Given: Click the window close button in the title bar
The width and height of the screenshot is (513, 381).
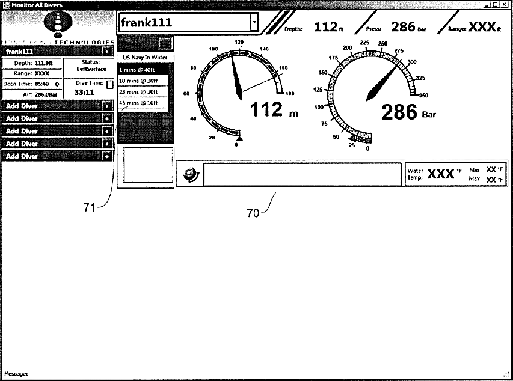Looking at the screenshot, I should click(x=504, y=5).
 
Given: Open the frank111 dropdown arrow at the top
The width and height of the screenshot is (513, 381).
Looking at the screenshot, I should click(x=254, y=22).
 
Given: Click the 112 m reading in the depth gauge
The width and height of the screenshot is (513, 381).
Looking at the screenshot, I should click(x=269, y=109).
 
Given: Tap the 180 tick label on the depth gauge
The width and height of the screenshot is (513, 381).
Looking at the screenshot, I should click(x=290, y=93).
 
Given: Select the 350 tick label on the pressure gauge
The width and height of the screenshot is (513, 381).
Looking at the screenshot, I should click(x=423, y=95).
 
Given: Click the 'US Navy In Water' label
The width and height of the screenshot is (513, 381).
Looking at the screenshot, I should click(x=144, y=57).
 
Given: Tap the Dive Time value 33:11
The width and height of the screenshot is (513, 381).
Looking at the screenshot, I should click(x=84, y=93).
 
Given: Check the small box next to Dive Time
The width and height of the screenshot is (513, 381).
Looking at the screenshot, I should click(x=109, y=85).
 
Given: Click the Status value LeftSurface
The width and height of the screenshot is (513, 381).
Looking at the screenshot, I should click(x=91, y=69).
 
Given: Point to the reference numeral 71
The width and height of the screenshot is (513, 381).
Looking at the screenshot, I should click(x=90, y=207).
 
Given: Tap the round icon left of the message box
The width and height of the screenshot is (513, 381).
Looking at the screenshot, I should click(x=190, y=175).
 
